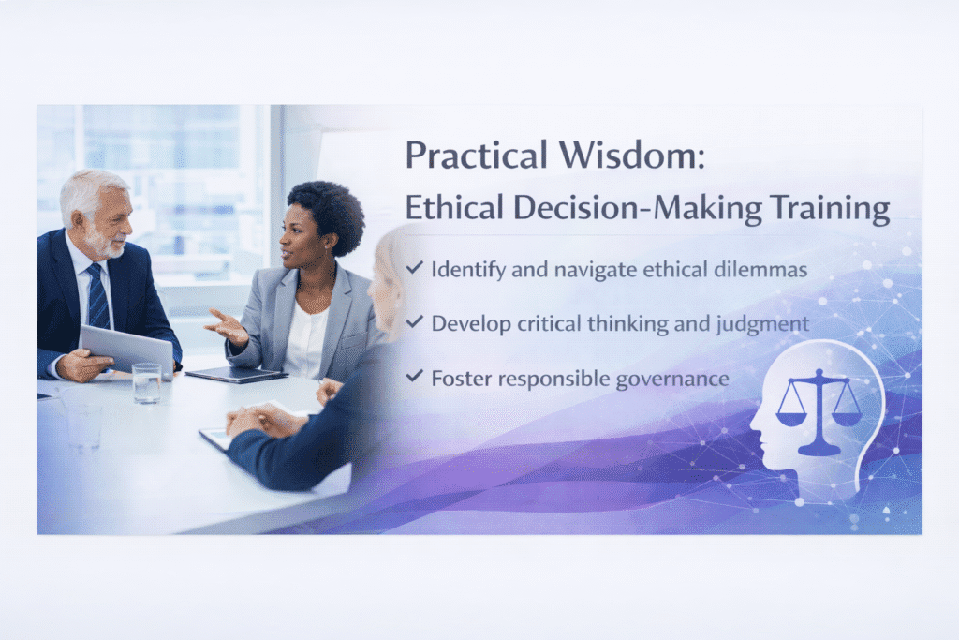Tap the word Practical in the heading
click(476, 155)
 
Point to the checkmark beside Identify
click(415, 267)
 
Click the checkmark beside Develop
click(415, 321)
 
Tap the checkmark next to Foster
click(415, 376)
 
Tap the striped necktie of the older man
click(97, 297)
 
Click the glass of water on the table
click(147, 383)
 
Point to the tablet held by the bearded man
click(127, 350)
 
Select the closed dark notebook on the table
click(237, 375)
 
